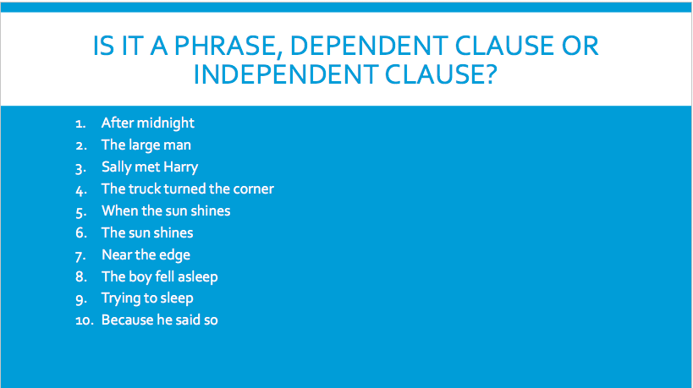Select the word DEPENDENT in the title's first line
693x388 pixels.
(369, 46)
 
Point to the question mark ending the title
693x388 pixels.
(492, 74)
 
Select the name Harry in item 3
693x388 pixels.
(180, 167)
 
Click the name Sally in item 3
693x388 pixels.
(116, 167)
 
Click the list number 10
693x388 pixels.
(85, 320)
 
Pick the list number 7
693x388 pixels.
(80, 255)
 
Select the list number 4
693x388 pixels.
(81, 190)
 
